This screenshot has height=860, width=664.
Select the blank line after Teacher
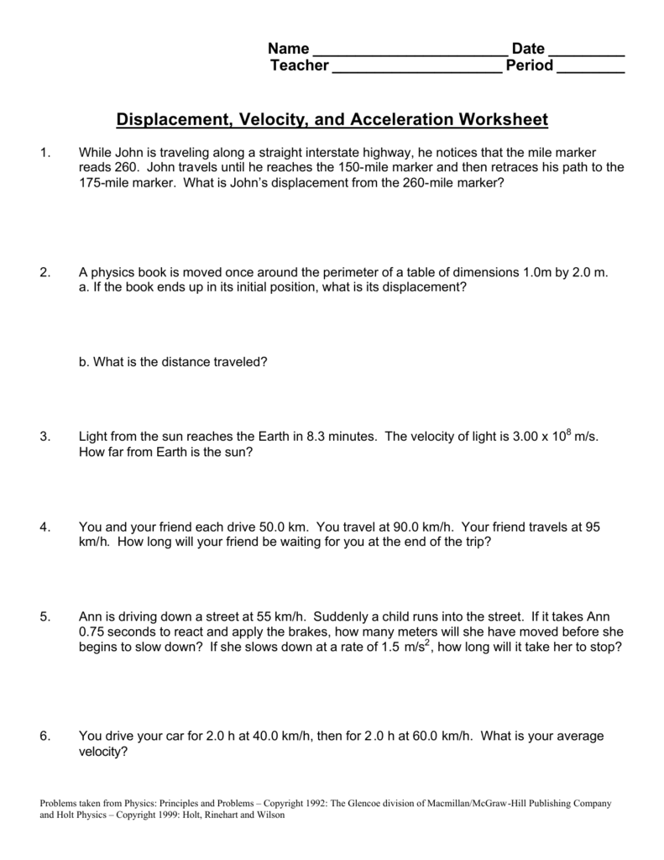tap(417, 66)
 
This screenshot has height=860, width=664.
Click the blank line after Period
tap(591, 66)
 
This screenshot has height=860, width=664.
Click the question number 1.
tap(44, 153)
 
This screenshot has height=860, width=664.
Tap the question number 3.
tap(44, 437)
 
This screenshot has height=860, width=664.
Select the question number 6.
tap(44, 737)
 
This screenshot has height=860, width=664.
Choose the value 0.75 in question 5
tap(93, 632)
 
